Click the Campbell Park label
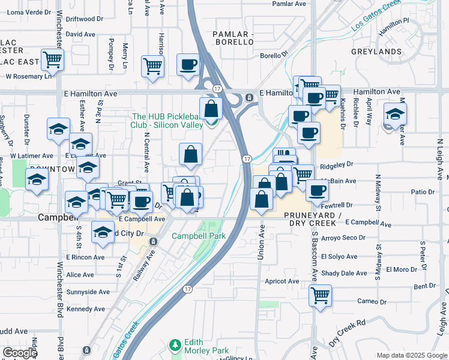[199, 236]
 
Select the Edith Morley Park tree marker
[175, 345]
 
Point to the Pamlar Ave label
[289, 4]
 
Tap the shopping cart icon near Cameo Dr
[320, 295]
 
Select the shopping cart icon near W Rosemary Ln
[52, 59]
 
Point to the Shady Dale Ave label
[343, 273]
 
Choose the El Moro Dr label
[402, 269]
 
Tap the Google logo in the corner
[20, 353]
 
